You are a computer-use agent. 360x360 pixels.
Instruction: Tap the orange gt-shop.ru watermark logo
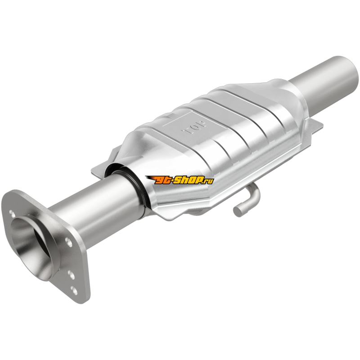tap(179, 180)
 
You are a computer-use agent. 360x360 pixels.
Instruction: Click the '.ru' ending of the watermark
tap(208, 181)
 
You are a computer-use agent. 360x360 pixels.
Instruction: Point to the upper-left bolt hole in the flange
tap(13, 213)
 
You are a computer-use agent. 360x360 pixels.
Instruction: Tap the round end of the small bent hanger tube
tap(238, 210)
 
